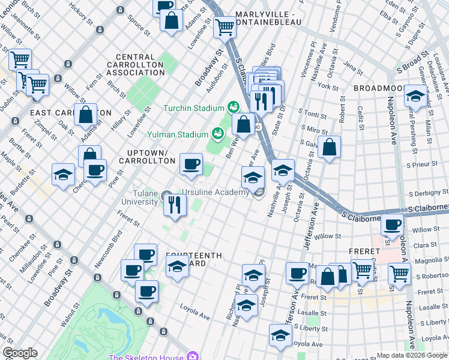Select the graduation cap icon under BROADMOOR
pyautogui.click(x=415, y=96)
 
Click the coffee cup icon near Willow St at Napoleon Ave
pyautogui.click(x=393, y=226)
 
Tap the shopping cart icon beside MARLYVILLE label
pyautogui.click(x=224, y=26)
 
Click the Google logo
pyautogui.click(x=19, y=353)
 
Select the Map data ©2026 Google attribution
pyautogui.click(x=412, y=355)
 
